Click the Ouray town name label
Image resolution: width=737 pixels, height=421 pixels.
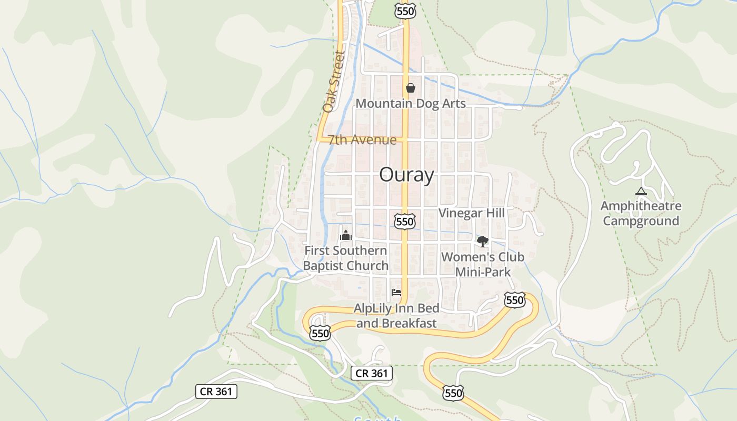point(406,175)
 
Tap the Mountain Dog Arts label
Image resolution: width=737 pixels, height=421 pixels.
point(411,103)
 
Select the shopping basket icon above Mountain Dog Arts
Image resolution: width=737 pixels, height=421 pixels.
point(411,88)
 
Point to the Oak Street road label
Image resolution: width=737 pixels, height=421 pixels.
point(333,82)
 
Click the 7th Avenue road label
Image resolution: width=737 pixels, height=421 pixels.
point(362,140)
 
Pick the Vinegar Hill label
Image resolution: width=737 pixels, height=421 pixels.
point(471,213)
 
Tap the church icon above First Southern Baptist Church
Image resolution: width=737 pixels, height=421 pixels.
point(345,235)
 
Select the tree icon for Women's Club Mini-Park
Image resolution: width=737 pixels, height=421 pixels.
point(482,242)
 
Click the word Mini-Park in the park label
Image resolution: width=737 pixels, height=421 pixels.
point(483,272)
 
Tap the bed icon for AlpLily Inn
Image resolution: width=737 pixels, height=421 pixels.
point(396,293)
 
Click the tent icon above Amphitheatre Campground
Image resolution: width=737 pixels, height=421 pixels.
point(641,192)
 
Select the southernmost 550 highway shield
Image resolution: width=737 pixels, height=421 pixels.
point(453,393)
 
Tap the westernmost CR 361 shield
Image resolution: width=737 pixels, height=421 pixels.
point(216,392)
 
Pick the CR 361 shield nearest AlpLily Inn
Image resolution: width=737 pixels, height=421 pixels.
point(371,373)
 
